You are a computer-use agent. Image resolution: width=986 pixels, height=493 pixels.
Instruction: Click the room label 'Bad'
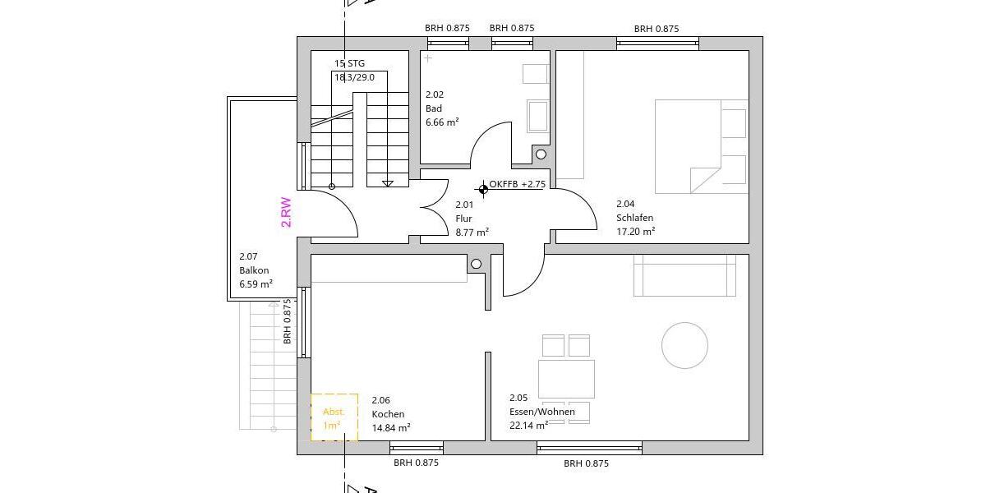coord(433,108)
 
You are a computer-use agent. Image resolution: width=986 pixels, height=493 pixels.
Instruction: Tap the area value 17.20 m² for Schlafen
coord(635,232)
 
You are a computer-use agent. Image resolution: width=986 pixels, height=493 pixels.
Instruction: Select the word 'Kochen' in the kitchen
coord(388,414)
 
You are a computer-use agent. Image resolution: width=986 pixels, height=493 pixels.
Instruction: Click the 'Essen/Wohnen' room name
coord(541,412)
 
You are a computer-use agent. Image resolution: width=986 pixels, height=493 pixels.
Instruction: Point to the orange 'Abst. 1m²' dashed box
coord(334,417)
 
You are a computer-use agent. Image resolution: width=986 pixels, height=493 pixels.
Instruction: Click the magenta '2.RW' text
coord(286,211)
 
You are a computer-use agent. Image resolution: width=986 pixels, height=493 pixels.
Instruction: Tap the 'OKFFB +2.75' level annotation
coord(517,184)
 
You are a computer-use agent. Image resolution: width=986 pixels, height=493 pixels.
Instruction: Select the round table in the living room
coord(684,345)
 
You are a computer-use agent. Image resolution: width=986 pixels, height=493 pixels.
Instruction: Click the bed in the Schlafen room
coord(701,146)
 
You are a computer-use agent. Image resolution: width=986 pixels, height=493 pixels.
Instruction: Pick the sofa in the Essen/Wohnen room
coord(684,276)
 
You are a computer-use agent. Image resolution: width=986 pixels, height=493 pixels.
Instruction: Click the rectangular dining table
coord(566,379)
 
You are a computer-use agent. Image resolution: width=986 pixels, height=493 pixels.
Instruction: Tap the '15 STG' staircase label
coord(349,63)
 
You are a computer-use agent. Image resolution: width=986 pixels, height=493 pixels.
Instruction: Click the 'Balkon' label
coord(254,270)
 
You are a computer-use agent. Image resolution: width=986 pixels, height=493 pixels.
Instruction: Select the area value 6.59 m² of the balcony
coord(256,284)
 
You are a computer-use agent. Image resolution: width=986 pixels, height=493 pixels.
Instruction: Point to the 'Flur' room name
coord(463,219)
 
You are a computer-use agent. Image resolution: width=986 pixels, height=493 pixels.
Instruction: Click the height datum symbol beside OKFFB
coord(483,190)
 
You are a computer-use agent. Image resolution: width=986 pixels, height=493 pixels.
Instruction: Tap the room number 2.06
coord(380,400)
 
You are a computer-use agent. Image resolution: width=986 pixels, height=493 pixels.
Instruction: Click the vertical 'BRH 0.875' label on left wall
coord(287,320)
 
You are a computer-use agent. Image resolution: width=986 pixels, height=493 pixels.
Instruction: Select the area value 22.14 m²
coord(528,426)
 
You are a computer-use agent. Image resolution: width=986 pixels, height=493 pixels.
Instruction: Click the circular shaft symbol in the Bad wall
coord(541,154)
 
